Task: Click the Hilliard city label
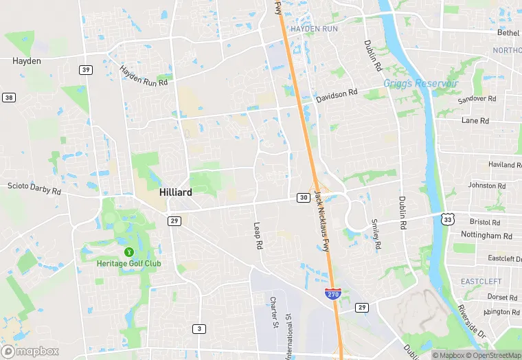[175, 193]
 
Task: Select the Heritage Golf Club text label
[129, 264]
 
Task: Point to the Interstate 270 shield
[332, 294]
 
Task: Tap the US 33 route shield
[448, 219]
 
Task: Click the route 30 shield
[303, 198]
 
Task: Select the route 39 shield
[86, 69]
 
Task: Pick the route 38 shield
[8, 98]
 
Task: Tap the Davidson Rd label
[337, 95]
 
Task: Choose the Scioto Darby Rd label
[34, 188]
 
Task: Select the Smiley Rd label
[376, 234]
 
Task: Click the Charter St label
[273, 311]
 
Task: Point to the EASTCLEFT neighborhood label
[481, 282]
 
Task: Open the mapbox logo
[30, 351]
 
